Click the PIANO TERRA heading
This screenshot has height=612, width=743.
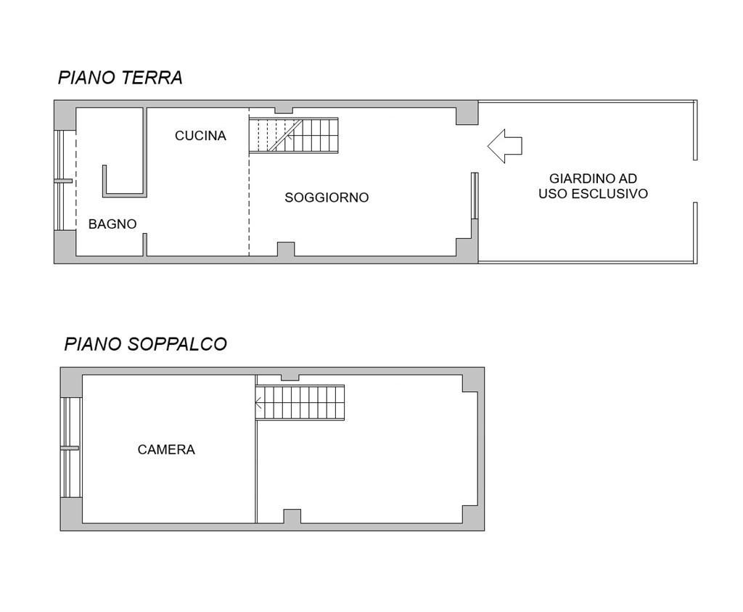click(x=120, y=78)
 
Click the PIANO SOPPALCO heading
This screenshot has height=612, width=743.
click(x=145, y=344)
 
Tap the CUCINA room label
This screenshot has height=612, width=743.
click(x=200, y=136)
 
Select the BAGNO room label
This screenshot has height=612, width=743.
click(x=112, y=224)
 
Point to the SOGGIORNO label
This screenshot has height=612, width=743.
click(x=327, y=197)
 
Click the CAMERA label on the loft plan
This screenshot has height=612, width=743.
click(x=166, y=449)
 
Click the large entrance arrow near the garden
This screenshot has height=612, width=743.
click(x=505, y=146)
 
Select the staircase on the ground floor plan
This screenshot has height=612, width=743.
click(x=294, y=136)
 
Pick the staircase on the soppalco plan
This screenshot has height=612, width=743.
click(x=300, y=402)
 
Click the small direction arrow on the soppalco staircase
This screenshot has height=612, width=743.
click(x=259, y=403)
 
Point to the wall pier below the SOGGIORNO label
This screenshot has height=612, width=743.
click(x=286, y=249)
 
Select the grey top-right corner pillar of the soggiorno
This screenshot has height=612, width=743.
click(x=467, y=116)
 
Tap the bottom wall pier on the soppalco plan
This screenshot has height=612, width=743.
click(x=292, y=517)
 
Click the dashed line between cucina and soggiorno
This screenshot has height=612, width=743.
click(x=250, y=182)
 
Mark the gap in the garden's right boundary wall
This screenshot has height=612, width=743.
click(x=695, y=181)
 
